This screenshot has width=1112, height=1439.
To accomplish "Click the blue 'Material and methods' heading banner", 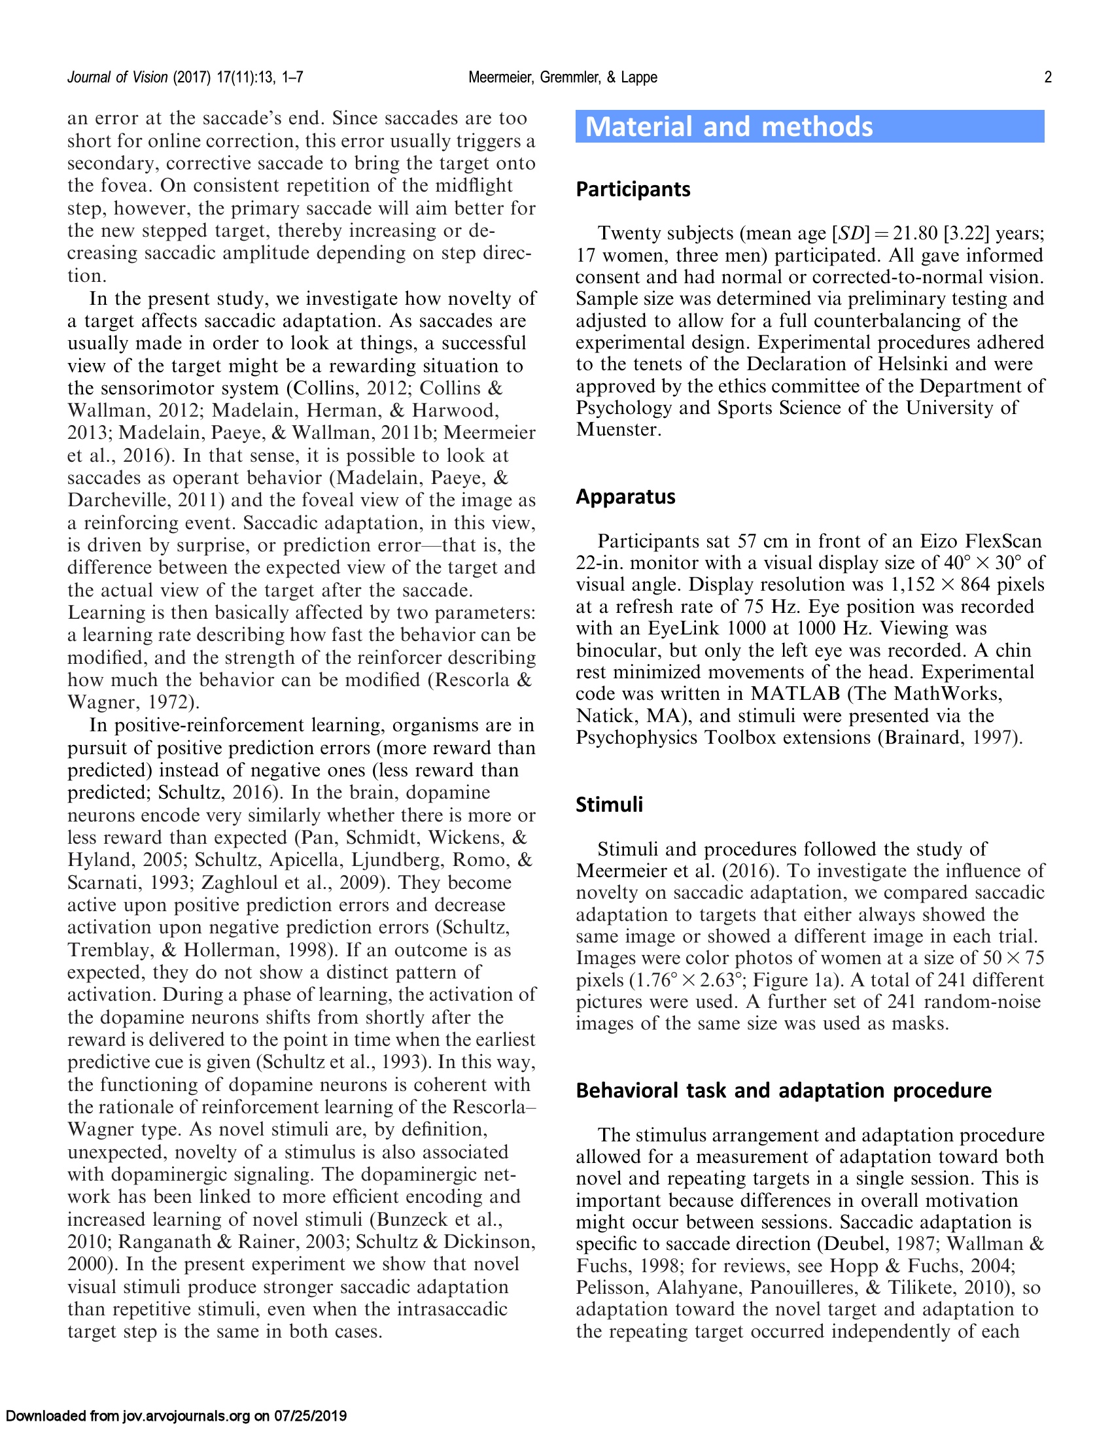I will [809, 126].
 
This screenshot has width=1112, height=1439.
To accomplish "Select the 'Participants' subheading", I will [633, 190].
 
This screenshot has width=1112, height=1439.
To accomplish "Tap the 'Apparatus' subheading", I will [625, 497].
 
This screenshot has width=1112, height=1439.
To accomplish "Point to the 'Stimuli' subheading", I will [609, 805].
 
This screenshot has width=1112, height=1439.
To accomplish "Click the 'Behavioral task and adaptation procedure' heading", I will [783, 1090].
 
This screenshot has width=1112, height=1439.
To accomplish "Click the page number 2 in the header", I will [1047, 78].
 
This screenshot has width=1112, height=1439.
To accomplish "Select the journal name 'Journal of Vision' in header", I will [118, 78].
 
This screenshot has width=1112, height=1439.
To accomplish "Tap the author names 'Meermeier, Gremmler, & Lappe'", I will [563, 78].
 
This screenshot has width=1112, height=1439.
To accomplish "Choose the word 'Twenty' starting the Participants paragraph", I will [633, 234].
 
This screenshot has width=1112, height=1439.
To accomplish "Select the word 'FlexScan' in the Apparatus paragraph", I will [1003, 542].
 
